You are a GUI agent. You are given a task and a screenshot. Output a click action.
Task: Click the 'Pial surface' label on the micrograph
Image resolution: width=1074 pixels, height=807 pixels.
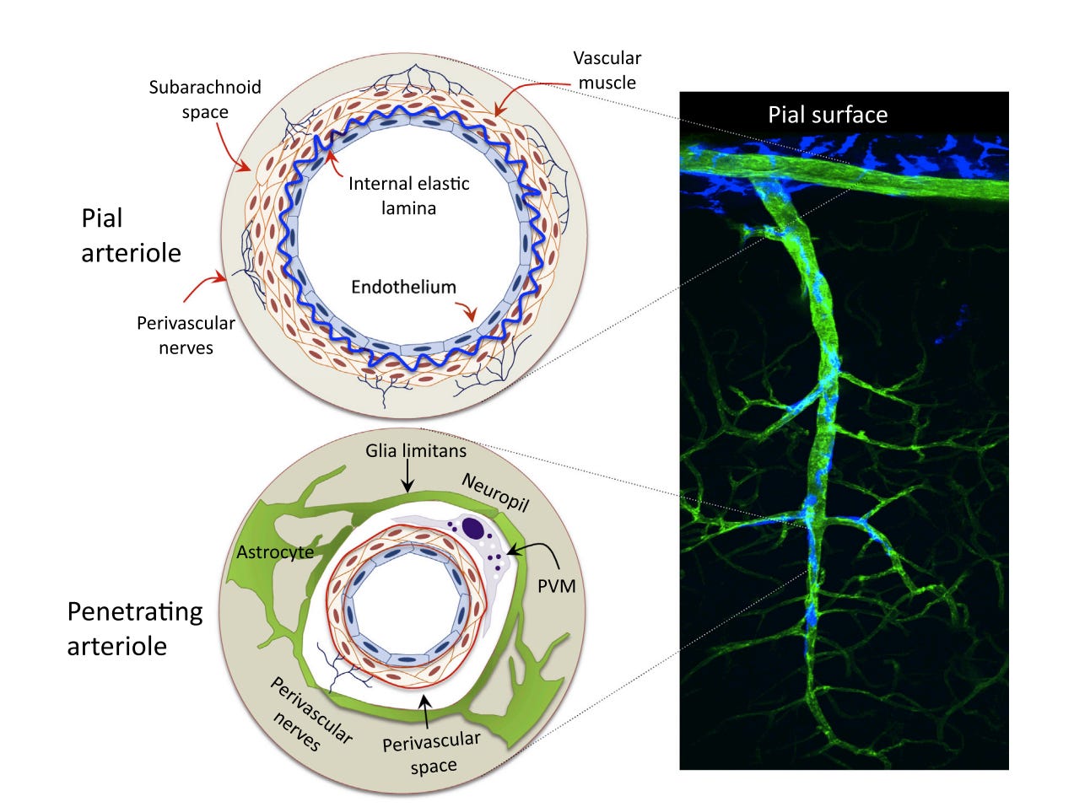tap(827, 115)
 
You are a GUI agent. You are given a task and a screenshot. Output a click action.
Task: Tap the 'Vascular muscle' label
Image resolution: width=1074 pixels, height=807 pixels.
tap(607, 70)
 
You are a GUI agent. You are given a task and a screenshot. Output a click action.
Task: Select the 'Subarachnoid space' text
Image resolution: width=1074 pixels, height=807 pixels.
tap(205, 100)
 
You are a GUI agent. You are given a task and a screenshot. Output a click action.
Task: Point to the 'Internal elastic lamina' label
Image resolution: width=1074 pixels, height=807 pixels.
tap(408, 196)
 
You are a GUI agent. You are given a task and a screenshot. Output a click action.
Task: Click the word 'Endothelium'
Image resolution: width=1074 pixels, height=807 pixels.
tap(403, 287)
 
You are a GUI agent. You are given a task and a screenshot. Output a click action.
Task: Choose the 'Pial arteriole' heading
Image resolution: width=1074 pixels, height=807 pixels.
tap(131, 235)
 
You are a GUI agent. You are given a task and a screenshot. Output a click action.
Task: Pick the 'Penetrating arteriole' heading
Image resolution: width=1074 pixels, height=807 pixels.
tap(135, 628)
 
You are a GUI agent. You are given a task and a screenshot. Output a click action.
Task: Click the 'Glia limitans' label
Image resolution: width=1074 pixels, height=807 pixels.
tap(415, 450)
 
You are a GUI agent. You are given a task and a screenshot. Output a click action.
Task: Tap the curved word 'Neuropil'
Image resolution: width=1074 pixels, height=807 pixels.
tap(495, 492)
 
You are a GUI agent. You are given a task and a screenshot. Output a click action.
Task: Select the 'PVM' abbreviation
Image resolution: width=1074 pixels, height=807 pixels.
tap(556, 584)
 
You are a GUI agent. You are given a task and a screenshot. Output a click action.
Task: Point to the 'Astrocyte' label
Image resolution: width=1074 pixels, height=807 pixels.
tap(275, 552)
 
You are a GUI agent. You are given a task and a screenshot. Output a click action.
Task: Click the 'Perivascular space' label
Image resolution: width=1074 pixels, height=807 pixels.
tap(432, 753)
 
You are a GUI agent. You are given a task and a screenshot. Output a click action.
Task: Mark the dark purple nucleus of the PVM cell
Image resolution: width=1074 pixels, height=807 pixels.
tap(473, 528)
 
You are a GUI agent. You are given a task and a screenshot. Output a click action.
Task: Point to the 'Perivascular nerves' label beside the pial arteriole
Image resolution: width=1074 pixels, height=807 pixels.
tap(186, 335)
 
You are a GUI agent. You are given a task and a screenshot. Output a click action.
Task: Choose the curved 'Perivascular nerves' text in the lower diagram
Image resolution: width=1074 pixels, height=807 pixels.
tap(308, 713)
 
